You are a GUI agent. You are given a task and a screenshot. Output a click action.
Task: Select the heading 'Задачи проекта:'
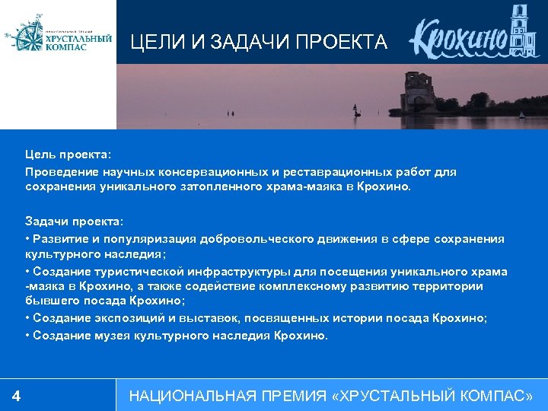pyautogui.click(x=73, y=221)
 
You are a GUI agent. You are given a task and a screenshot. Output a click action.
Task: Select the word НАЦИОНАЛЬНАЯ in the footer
pyautogui.click(x=190, y=396)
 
